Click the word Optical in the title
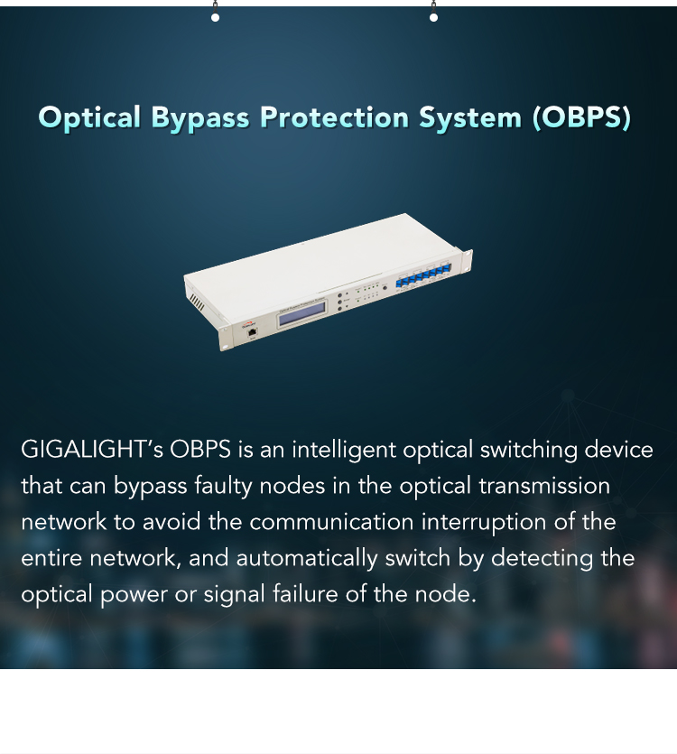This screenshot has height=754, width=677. tap(89, 117)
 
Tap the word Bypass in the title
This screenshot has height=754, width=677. tap(200, 118)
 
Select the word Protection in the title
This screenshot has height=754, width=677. tap(334, 116)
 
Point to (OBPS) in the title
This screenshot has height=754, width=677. tap(582, 117)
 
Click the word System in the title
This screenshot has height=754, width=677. tap(470, 118)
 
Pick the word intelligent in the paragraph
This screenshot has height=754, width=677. tap(344, 451)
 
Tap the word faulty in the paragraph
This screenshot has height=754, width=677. tap(223, 487)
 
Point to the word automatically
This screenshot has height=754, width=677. tap(307, 559)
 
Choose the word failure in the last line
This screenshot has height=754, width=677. tap(305, 594)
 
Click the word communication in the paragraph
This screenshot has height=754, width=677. tap(331, 522)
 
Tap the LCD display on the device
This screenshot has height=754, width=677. tap(302, 314)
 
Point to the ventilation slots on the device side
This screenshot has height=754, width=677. tap(197, 302)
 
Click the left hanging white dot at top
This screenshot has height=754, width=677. tap(216, 18)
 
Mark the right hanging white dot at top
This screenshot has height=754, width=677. tap(433, 18)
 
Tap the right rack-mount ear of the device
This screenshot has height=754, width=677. tap(467, 261)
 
